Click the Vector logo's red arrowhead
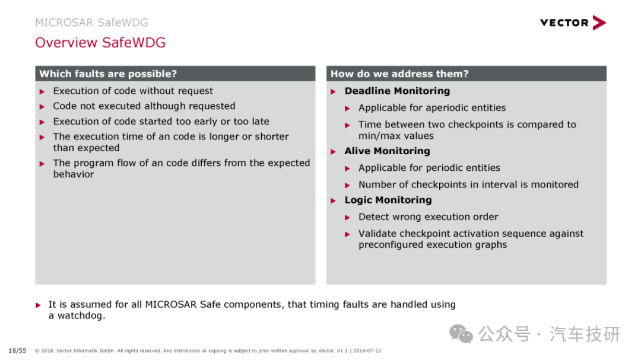pyautogui.click(x=599, y=23)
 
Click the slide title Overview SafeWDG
pyautogui.click(x=100, y=43)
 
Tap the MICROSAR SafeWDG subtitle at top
pyautogui.click(x=91, y=23)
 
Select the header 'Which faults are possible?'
pyautogui.click(x=108, y=74)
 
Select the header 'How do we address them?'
pyautogui.click(x=399, y=74)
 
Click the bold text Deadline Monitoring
pyautogui.click(x=397, y=91)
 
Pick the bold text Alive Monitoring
pyautogui.click(x=387, y=151)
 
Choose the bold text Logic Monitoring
pyautogui.click(x=388, y=200)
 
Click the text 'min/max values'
pyautogui.click(x=396, y=136)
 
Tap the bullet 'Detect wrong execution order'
pyautogui.click(x=428, y=216)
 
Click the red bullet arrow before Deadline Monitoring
pyautogui.click(x=333, y=91)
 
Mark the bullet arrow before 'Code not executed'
pyautogui.click(x=42, y=107)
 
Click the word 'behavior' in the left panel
pyautogui.click(x=74, y=174)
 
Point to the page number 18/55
pyautogui.click(x=17, y=351)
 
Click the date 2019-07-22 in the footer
pyautogui.click(x=367, y=351)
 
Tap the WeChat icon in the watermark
pyautogui.click(x=461, y=334)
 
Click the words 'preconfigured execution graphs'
pyautogui.click(x=433, y=245)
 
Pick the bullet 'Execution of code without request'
pyautogui.click(x=133, y=91)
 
